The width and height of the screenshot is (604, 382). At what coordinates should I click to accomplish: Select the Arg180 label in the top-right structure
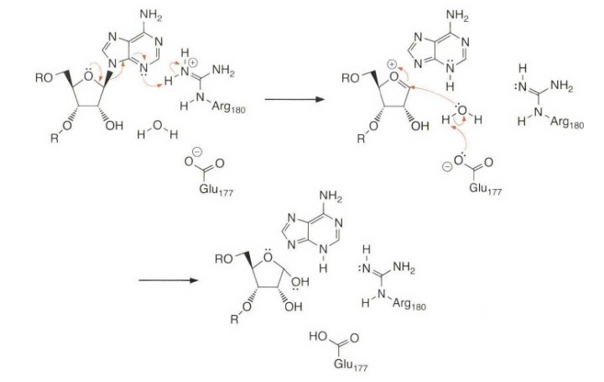565,124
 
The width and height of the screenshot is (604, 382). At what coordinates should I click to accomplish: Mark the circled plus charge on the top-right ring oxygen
391,65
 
